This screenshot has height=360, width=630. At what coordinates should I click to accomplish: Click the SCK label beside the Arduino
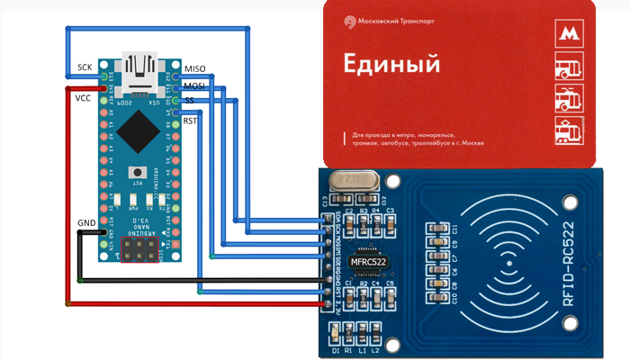click(84, 68)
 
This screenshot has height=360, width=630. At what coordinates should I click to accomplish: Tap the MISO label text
click(195, 69)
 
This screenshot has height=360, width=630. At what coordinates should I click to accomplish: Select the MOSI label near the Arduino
click(194, 85)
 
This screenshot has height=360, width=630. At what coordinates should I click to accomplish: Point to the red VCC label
click(84, 98)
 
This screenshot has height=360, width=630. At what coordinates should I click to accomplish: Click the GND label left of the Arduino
click(87, 221)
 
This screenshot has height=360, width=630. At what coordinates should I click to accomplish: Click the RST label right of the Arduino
click(191, 121)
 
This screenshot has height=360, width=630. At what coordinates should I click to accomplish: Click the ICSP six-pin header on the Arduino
click(139, 250)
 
